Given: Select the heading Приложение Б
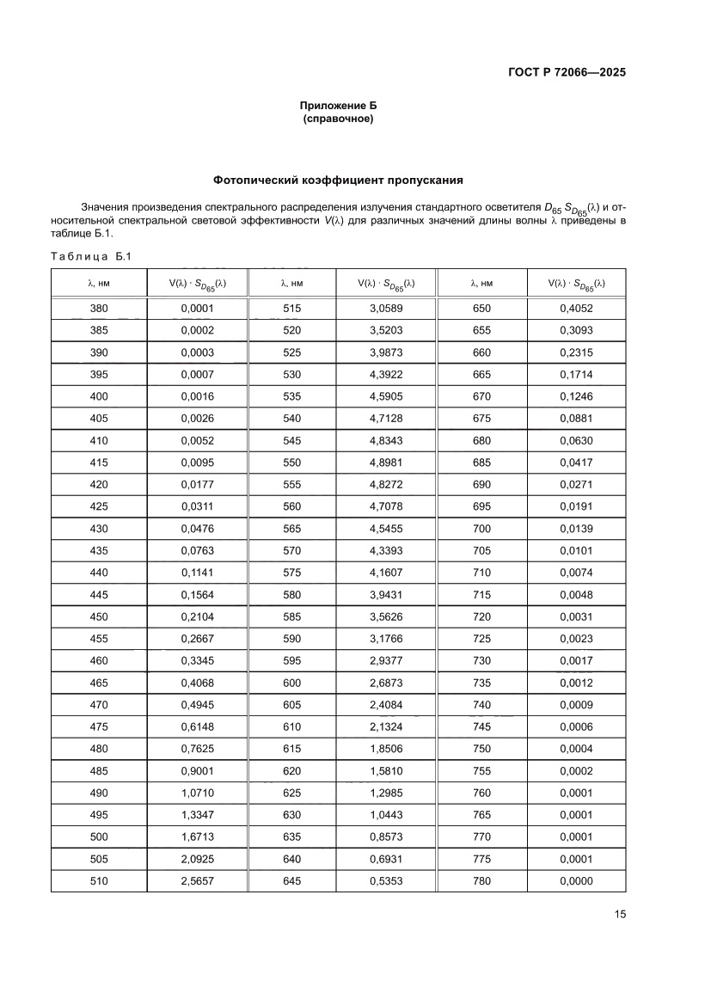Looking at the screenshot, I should [338, 106].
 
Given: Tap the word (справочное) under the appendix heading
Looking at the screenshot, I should [338, 119].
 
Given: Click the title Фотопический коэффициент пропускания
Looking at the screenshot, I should [338, 181].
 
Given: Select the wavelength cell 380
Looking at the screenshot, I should [99, 309].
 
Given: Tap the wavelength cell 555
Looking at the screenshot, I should [291, 485].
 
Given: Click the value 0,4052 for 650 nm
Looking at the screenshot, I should [576, 309].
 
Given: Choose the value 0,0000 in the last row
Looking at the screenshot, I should [576, 881].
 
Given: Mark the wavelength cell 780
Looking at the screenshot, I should [481, 881].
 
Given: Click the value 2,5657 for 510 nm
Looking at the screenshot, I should [197, 881].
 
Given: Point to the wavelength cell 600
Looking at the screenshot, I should [291, 683].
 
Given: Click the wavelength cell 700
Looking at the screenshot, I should [481, 529].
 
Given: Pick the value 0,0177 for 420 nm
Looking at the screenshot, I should [197, 485].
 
